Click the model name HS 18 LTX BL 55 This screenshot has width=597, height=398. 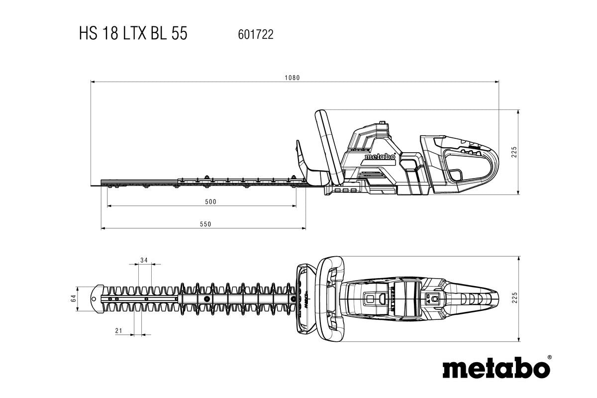(133, 34)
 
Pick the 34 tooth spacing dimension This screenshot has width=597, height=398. (144, 260)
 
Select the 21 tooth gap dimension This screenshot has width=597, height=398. (118, 331)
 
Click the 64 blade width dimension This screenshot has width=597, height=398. (73, 298)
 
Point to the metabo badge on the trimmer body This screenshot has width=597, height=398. (380, 157)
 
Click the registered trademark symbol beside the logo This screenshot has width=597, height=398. (549, 357)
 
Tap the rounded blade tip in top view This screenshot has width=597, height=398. (96, 298)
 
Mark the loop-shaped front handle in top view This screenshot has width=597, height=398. (330, 298)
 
